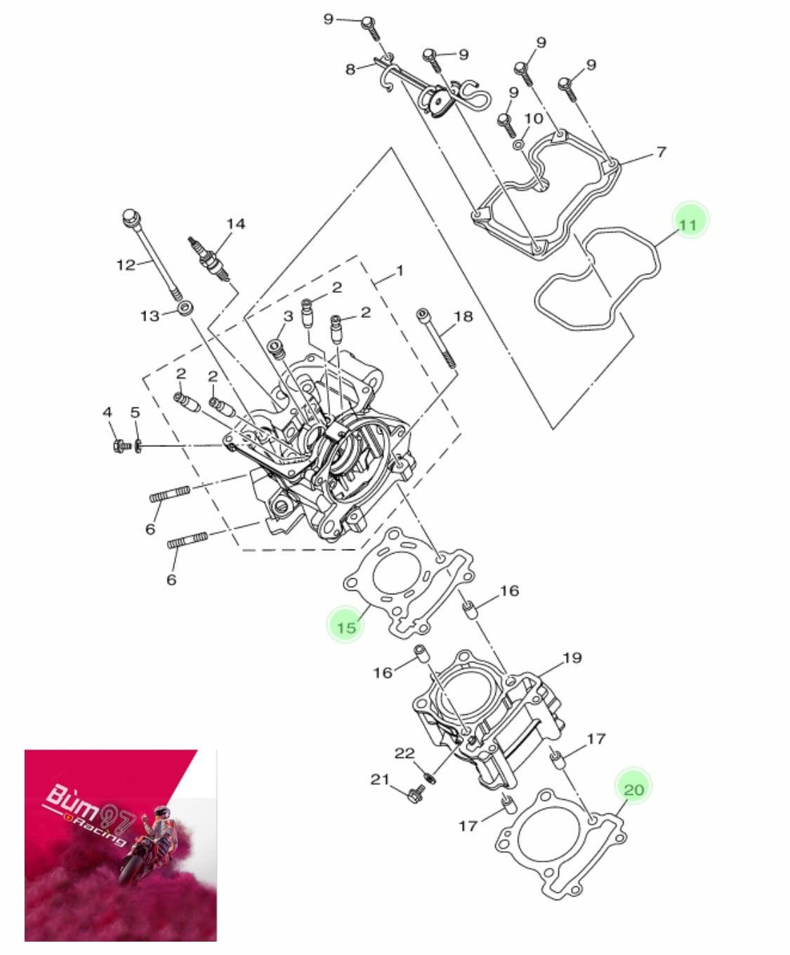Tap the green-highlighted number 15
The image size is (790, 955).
tap(346, 627)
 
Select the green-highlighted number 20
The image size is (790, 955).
tap(634, 789)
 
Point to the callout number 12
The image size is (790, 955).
tap(126, 265)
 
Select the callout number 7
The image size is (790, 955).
tap(661, 152)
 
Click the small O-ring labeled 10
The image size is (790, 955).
tap(518, 145)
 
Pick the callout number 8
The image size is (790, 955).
tap(350, 69)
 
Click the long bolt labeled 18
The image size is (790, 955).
tap(436, 338)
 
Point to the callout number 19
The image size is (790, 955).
tap(572, 657)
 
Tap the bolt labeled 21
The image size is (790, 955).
tap(416, 794)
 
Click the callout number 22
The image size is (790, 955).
tap(404, 753)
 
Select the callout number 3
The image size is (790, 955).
tap(288, 316)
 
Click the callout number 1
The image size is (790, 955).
tap(400, 271)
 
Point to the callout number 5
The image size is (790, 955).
tap(135, 412)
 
